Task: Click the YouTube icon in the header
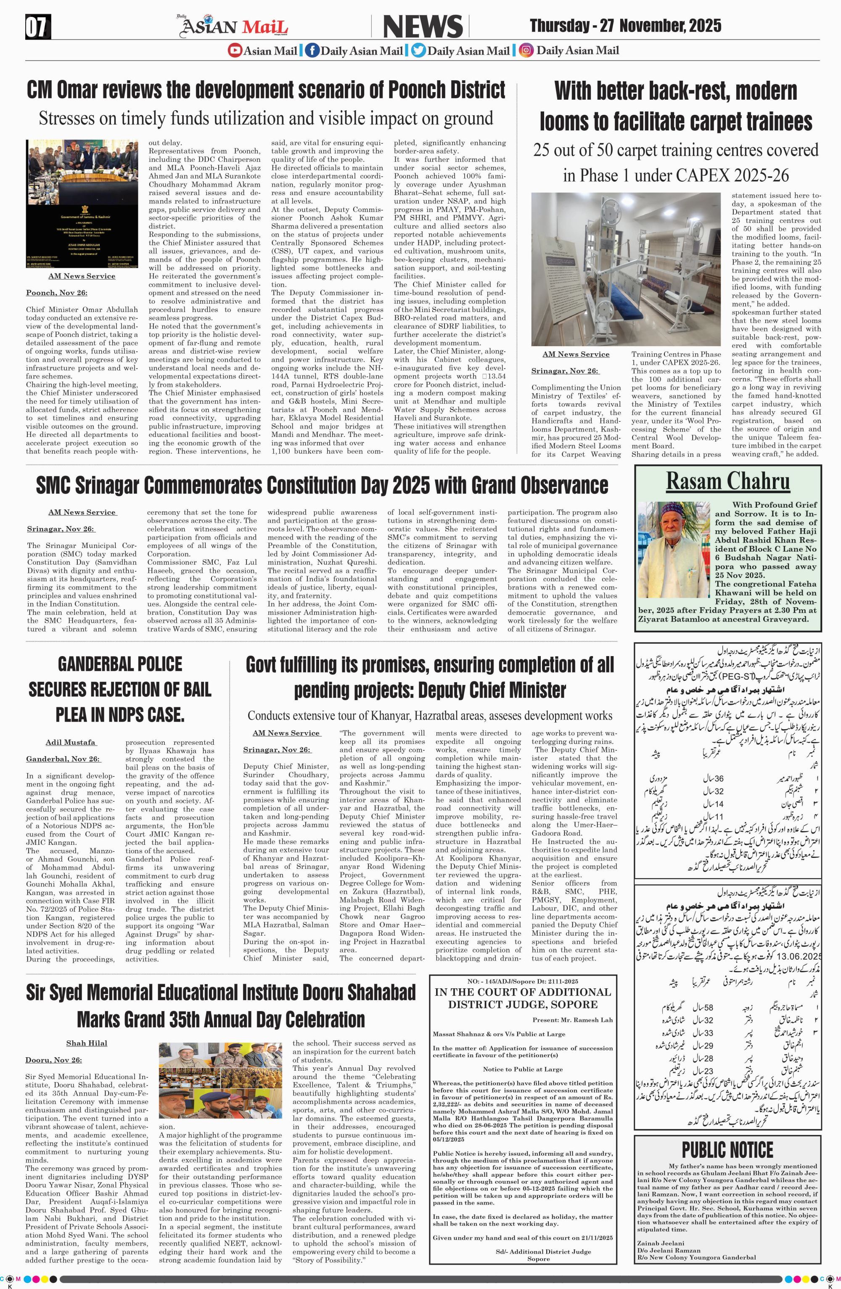click(235, 51)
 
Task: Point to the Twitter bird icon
click(418, 51)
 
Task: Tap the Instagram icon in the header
click(525, 51)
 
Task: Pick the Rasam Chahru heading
click(727, 480)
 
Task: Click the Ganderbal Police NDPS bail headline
click(120, 689)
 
